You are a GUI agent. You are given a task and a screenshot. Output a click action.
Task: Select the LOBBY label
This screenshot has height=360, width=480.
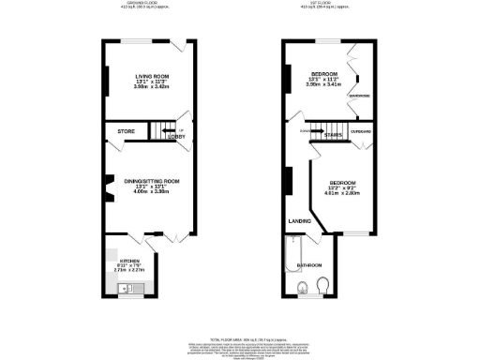tap(176, 137)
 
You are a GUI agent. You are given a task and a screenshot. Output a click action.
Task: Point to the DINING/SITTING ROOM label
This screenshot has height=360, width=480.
tap(150, 180)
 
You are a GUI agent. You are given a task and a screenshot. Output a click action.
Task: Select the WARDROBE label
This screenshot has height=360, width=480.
tap(359, 96)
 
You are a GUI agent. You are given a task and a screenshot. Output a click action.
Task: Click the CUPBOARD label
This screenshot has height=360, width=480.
tap(361, 132)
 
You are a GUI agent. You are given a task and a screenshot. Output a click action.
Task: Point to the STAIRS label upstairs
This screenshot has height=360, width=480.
tap(332, 135)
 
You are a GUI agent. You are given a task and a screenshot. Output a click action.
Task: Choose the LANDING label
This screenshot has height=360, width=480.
tap(300, 222)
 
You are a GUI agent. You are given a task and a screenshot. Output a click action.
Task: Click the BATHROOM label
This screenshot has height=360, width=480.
tap(309, 265)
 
